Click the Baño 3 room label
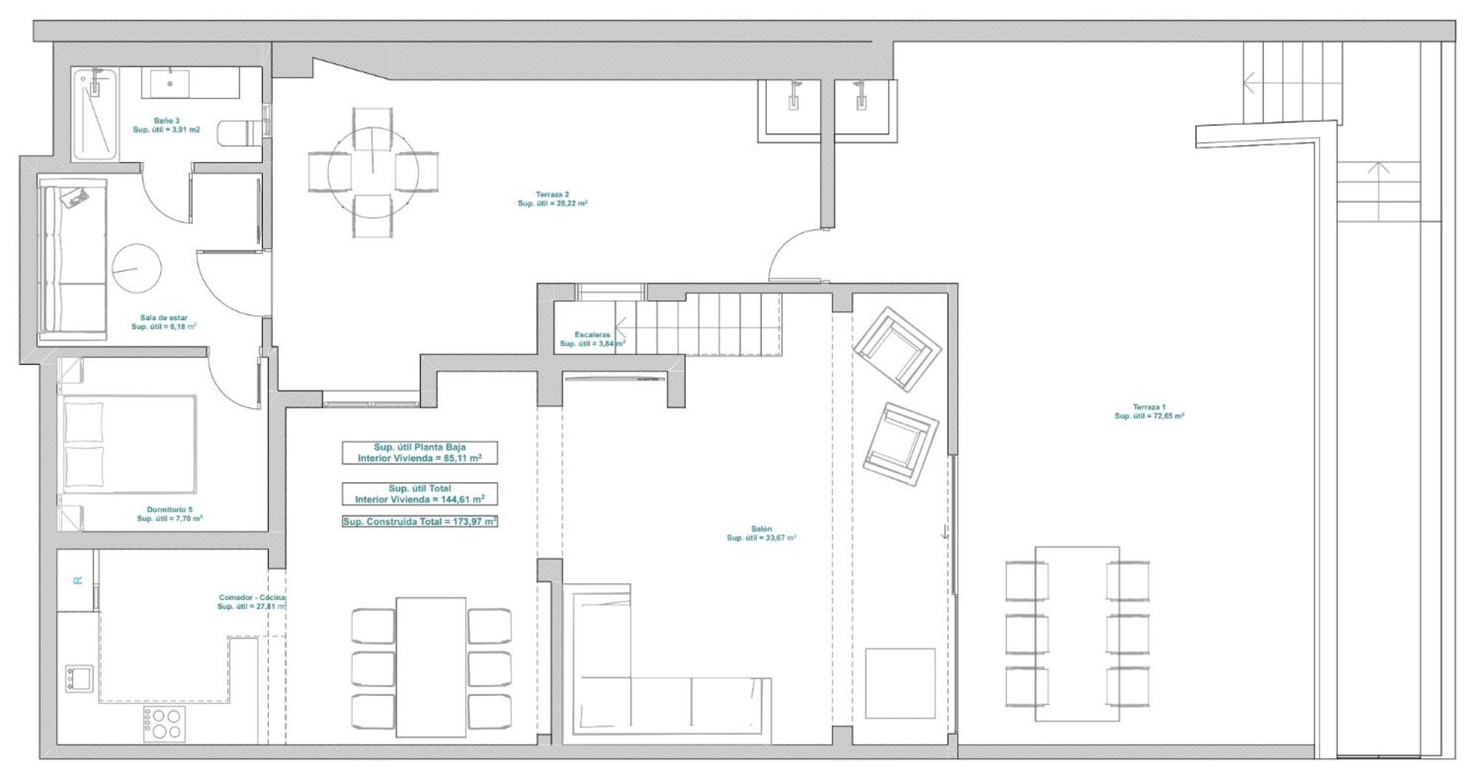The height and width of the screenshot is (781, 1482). [166, 125]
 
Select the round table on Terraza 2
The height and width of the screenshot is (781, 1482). [373, 172]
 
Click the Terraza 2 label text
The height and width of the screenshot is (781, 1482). [552, 199]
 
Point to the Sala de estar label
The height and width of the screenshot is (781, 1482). [164, 323]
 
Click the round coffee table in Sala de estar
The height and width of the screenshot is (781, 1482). [137, 268]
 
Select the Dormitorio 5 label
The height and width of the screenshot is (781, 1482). [169, 514]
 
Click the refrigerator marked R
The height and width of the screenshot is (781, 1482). [76, 580]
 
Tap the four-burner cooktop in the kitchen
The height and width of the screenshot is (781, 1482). [165, 724]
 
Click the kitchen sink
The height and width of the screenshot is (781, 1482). [79, 678]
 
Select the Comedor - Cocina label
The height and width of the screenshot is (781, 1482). [252, 602]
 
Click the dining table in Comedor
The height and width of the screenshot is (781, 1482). [431, 667]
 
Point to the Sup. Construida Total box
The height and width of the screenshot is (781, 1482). [420, 521]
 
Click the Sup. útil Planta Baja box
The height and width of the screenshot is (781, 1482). [420, 453]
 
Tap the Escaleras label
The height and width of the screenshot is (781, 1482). [592, 339]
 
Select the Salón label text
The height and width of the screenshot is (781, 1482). [761, 533]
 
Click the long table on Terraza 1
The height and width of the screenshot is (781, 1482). [1078, 634]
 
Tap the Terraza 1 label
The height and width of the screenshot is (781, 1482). [1149, 411]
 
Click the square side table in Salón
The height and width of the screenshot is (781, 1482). [900, 684]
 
